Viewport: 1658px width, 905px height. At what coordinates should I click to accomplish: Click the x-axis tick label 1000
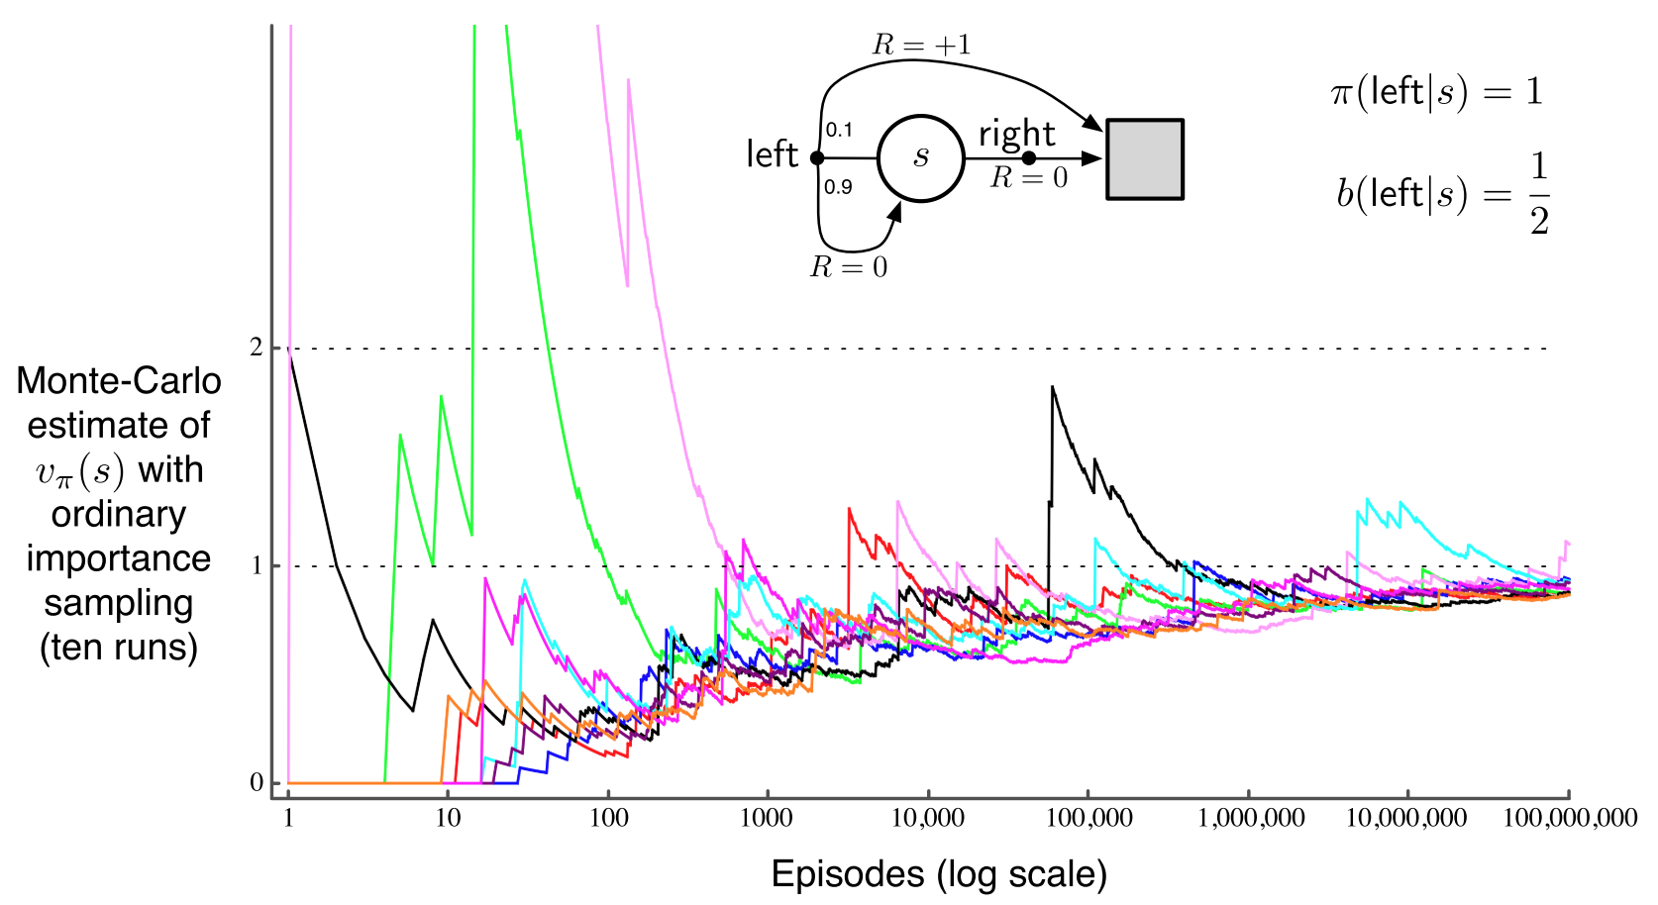tap(767, 819)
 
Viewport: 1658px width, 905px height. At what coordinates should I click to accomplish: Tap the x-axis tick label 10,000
tap(928, 819)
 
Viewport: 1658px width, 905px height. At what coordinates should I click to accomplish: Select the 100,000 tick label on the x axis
tap(1088, 819)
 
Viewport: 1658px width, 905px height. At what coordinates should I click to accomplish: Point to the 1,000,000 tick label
tap(1251, 819)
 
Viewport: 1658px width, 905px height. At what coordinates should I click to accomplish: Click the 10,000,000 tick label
tap(1406, 819)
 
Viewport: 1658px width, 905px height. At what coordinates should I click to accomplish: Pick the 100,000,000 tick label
tap(1570, 819)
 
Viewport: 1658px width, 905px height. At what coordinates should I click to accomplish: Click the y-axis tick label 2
tap(257, 348)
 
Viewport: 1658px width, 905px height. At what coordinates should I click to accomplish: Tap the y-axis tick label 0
tap(257, 783)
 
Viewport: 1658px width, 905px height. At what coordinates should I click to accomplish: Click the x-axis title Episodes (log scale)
tap(939, 874)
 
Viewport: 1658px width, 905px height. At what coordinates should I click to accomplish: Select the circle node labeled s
tap(921, 158)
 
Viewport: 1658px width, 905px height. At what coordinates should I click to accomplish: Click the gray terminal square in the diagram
tap(1145, 159)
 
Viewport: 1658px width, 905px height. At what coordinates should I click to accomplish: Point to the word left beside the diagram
tap(772, 154)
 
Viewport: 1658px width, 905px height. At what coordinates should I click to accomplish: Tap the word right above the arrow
tap(1017, 134)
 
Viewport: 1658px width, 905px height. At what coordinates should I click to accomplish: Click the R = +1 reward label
tap(921, 45)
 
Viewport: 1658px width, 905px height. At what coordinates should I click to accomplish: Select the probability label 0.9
tap(838, 187)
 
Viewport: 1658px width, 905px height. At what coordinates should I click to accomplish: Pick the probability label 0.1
tap(839, 130)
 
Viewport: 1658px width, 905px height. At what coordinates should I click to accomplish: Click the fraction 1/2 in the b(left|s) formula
tap(1539, 194)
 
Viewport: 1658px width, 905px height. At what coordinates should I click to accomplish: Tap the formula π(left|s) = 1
tap(1436, 92)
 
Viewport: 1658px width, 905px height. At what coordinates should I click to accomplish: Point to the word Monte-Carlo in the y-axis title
tap(119, 381)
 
